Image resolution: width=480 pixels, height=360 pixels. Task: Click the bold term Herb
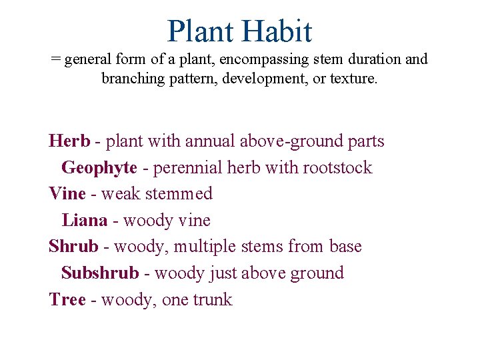[x=69, y=141]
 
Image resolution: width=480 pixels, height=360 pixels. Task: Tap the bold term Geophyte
[x=99, y=167]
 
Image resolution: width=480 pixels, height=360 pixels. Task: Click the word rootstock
[x=337, y=167]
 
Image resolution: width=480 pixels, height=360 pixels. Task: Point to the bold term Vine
[x=67, y=194]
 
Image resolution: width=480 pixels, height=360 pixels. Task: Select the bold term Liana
[x=85, y=220]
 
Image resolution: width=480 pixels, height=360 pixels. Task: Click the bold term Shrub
[x=73, y=247]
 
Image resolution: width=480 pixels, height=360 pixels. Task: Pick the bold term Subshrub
[x=100, y=273]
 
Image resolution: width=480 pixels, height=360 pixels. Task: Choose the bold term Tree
[x=67, y=300]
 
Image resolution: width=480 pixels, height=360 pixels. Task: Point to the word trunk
[x=213, y=300]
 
